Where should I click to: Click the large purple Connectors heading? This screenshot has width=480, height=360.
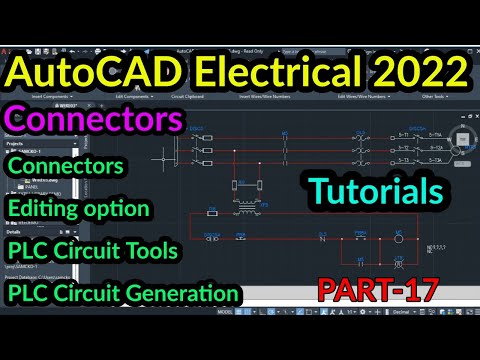95,120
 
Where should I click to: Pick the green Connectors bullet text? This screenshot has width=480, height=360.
67,162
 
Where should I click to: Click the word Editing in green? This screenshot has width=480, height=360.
45,208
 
